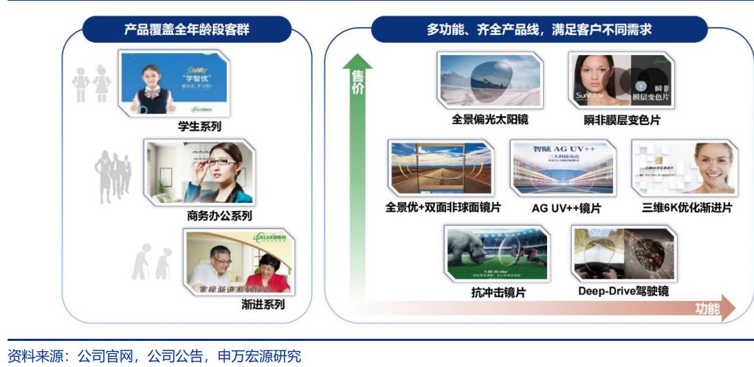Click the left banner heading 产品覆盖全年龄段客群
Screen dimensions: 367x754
tap(186, 30)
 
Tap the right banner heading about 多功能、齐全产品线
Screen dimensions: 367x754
tap(538, 30)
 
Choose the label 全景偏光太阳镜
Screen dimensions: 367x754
tap(489, 120)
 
